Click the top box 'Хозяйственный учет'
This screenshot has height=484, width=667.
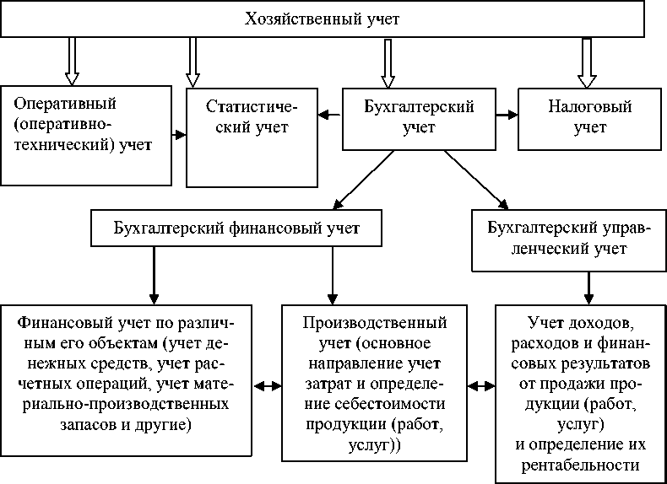[x=333, y=19]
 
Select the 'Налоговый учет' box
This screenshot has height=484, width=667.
[x=591, y=117]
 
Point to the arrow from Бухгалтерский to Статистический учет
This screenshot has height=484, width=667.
[x=328, y=113]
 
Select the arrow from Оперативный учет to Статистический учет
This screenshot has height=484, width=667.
[x=179, y=134]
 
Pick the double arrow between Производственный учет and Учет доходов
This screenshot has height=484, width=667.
[x=483, y=386]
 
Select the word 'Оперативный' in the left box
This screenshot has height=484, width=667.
[x=65, y=105]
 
